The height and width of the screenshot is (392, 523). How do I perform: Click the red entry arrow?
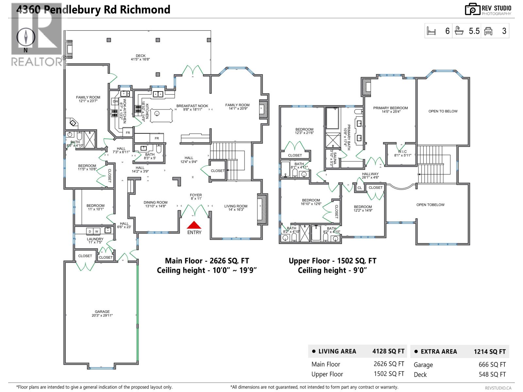tap(194, 225)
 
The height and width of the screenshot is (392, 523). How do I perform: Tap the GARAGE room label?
tap(102, 312)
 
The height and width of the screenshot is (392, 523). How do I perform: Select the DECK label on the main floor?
tap(141, 56)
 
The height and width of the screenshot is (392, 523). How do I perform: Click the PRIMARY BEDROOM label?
tap(390, 108)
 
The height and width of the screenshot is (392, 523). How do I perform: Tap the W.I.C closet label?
tap(402, 152)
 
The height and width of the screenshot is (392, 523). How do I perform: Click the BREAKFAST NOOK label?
tap(192, 106)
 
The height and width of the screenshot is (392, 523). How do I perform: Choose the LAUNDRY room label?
tap(95, 239)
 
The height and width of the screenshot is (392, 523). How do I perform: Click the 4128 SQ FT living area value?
tap(388, 351)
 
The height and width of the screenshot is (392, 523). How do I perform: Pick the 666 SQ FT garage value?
tap(492, 365)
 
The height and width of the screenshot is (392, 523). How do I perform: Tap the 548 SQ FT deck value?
tap(492, 374)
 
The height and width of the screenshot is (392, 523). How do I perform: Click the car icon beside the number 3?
tap(488, 31)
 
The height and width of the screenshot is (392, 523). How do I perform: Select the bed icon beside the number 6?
tap(431, 31)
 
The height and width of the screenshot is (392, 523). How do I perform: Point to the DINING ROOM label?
tap(155, 203)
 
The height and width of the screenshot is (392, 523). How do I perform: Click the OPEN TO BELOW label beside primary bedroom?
tap(443, 111)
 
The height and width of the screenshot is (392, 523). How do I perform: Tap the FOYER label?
tap(196, 195)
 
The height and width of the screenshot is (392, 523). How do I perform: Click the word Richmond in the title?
tap(145, 10)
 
